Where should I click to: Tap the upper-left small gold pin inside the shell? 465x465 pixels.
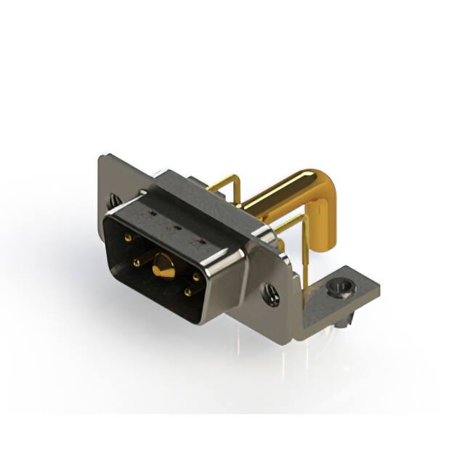128,237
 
